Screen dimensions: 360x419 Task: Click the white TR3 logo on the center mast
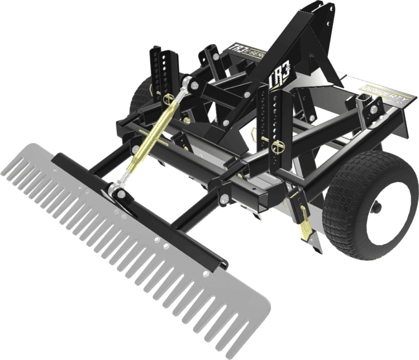pyautogui.click(x=278, y=78)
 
